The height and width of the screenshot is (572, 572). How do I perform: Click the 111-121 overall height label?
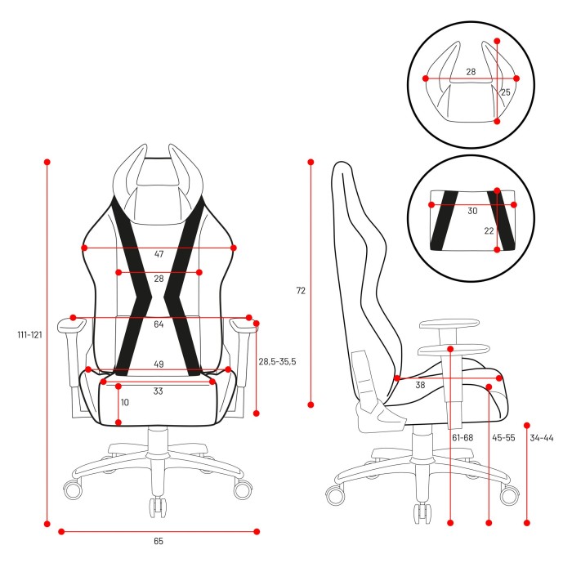pos(30,334)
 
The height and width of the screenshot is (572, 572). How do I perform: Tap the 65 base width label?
pos(159,541)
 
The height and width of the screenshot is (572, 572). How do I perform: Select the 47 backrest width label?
pos(159,254)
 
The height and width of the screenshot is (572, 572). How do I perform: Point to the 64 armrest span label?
pos(159,324)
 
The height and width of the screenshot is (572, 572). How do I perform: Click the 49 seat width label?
pos(159,364)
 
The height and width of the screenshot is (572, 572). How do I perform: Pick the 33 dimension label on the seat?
pos(158,391)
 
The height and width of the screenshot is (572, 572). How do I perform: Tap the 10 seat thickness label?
pos(125,402)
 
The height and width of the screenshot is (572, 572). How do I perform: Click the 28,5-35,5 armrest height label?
pos(277,361)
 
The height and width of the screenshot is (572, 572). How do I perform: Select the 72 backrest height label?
pos(301,290)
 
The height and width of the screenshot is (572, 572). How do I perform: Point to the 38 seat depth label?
pos(420,385)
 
